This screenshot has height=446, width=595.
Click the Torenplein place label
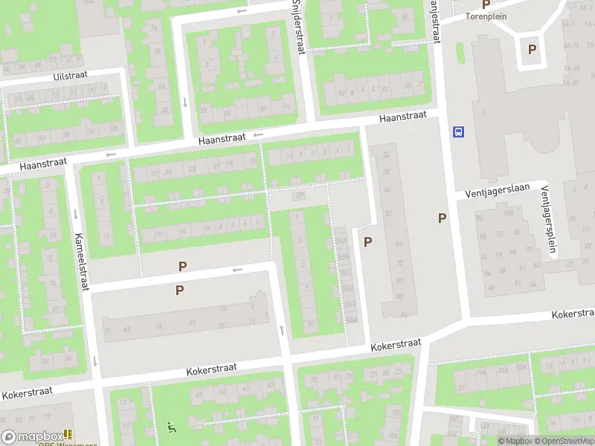click(486, 16)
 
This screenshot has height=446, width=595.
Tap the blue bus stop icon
click(458, 132)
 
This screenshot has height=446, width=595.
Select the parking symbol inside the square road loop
click(532, 50)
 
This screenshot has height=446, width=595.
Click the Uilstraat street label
click(71, 77)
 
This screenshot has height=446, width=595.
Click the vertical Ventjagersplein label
click(548, 219)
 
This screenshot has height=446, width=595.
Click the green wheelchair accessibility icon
click(172, 427)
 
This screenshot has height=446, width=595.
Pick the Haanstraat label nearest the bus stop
click(402, 116)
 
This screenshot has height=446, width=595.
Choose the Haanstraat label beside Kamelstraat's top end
click(44, 164)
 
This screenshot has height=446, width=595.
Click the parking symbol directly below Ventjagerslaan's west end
click(443, 218)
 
